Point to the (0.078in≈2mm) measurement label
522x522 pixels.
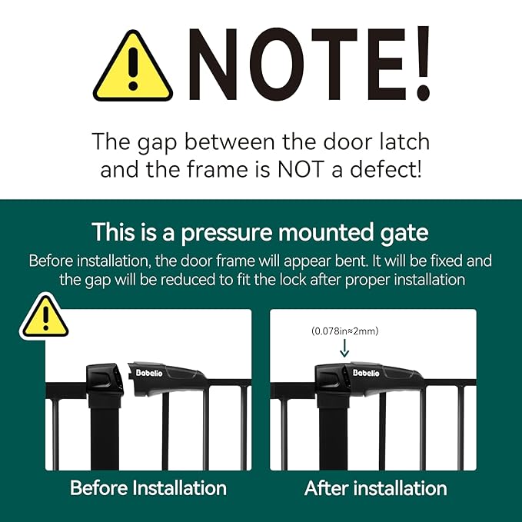tap(345, 331)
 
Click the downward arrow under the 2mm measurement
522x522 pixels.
tap(344, 348)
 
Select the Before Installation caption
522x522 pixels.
tap(148, 487)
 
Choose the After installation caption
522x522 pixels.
tap(375, 487)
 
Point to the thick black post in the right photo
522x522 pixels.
tap(332, 434)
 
